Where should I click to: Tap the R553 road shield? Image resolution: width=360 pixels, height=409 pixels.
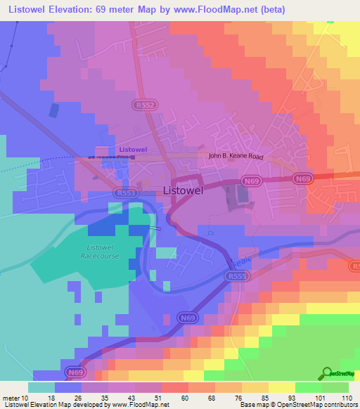tap(127, 193)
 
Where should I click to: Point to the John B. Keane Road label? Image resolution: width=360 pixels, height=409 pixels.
tap(236, 157)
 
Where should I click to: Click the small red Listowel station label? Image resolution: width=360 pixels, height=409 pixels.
tap(132, 150)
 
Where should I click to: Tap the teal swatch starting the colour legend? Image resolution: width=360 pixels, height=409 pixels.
tap(41, 387)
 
